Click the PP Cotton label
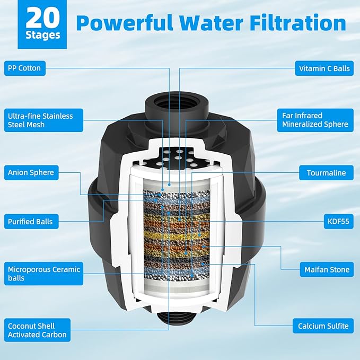tap(24, 68)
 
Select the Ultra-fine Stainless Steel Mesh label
tap(40, 120)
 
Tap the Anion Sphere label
tap(31, 172)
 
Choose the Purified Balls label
tap(30, 221)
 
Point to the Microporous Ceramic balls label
tap(43, 274)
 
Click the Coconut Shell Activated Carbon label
tap(37, 330)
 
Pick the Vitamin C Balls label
tap(324, 68)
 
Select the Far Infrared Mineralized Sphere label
tap(314, 120)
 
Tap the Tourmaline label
tap(326, 172)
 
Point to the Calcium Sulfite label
tap(323, 326)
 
